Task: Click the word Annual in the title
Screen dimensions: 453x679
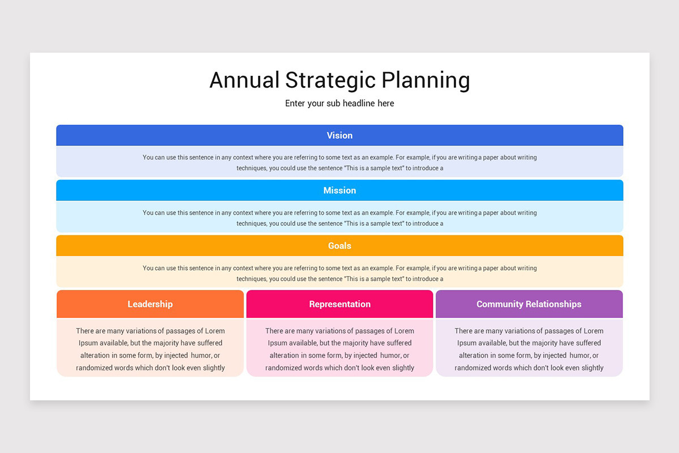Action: [244, 80]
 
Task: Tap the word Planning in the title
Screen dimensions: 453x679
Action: [426, 80]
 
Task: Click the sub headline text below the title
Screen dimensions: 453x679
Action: [339, 104]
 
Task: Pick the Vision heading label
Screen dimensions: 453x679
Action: [339, 135]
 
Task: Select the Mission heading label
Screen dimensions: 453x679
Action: [339, 190]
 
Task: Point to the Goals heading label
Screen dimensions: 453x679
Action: [339, 246]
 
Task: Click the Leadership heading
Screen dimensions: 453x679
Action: [150, 304]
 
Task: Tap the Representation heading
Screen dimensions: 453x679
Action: [339, 304]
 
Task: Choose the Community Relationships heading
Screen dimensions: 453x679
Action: [528, 304]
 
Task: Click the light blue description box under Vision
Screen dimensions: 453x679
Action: [339, 163]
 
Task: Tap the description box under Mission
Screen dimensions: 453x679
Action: [339, 218]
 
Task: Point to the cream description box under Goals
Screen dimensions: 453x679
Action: [339, 273]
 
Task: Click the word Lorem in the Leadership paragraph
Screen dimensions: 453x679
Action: [214, 331]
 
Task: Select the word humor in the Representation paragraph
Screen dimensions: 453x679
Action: [390, 356]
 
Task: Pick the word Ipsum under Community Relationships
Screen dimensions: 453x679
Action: [467, 343]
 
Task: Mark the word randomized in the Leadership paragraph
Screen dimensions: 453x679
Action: [94, 368]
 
